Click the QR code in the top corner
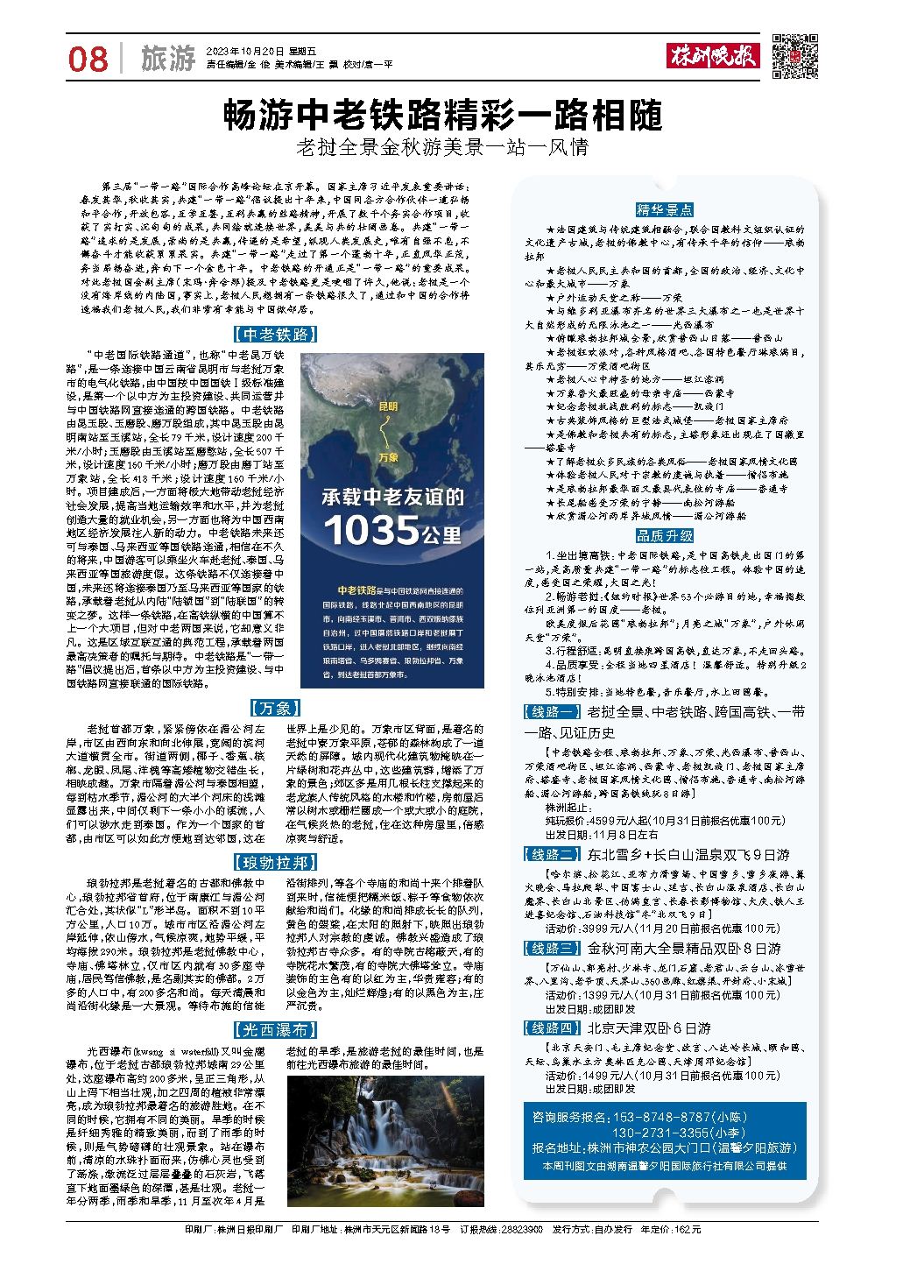click(x=795, y=57)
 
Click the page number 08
click(x=88, y=60)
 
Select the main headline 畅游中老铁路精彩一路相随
click(x=442, y=116)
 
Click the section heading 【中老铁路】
click(x=276, y=335)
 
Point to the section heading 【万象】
click(x=275, y=708)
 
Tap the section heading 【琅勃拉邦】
click(x=275, y=863)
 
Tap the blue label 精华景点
click(x=665, y=209)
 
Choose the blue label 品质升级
click(x=665, y=535)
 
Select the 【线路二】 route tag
click(x=552, y=854)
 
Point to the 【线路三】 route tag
click(x=552, y=948)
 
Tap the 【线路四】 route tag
click(x=552, y=1027)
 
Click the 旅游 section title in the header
click(x=167, y=60)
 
